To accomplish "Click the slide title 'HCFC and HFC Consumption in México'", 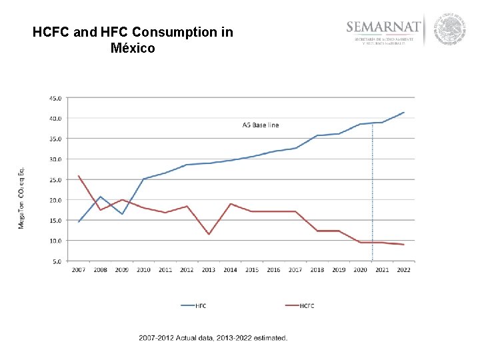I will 133,40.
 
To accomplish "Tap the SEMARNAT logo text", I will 384,27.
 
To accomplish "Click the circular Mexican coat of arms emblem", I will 449,30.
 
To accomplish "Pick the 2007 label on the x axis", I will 79,270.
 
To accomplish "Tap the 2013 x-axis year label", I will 209,270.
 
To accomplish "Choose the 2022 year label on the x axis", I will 403,270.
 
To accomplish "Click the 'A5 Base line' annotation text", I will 260,125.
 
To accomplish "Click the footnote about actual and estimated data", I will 213,338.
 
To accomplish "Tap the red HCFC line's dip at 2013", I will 209,234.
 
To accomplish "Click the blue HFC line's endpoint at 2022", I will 404,112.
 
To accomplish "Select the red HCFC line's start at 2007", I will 79,176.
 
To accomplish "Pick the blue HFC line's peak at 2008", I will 100,197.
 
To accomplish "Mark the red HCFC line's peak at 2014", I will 230,203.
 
